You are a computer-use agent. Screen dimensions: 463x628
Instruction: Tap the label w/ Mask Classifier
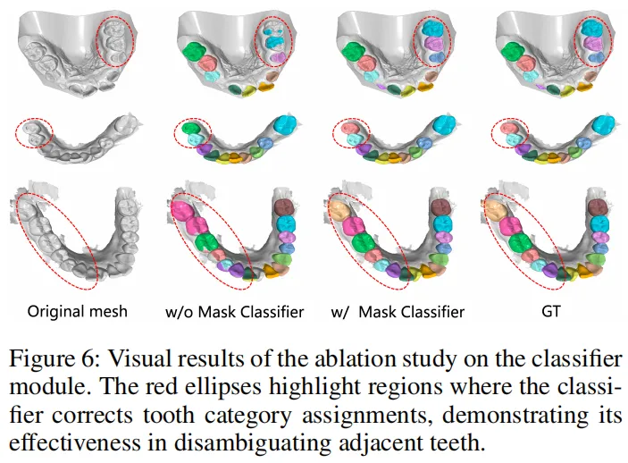click(x=398, y=312)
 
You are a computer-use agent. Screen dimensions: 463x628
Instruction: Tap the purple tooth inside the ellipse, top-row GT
click(x=590, y=43)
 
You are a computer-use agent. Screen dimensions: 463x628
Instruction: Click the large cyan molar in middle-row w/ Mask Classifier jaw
click(x=443, y=124)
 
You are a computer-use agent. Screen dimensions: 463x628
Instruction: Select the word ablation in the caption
click(x=328, y=360)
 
